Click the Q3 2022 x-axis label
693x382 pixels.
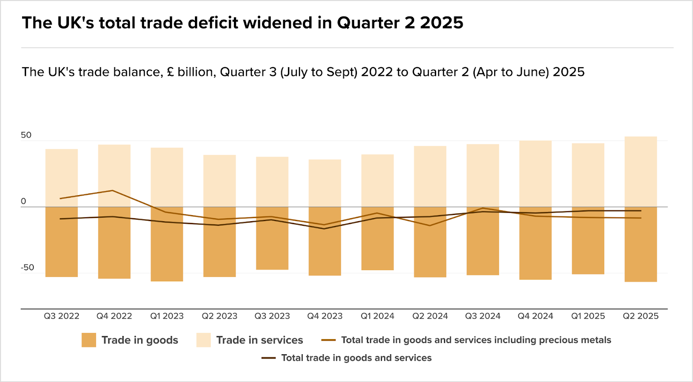click(x=62, y=316)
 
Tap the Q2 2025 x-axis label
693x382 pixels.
click(x=641, y=316)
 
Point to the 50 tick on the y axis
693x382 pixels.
click(x=26, y=135)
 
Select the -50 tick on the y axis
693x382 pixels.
click(x=27, y=268)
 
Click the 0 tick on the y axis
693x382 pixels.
click(x=23, y=201)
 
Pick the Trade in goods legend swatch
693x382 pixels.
click(x=89, y=340)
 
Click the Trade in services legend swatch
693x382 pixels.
click(x=204, y=340)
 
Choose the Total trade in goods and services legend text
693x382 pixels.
click(x=356, y=358)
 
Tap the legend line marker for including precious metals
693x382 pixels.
click(x=328, y=340)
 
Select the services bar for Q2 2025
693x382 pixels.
click(x=641, y=172)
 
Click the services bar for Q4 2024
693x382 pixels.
click(x=535, y=173)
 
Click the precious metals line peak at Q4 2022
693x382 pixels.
click(x=113, y=190)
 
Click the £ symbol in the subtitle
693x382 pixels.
click(x=170, y=72)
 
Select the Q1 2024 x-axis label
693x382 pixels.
click(x=377, y=316)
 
